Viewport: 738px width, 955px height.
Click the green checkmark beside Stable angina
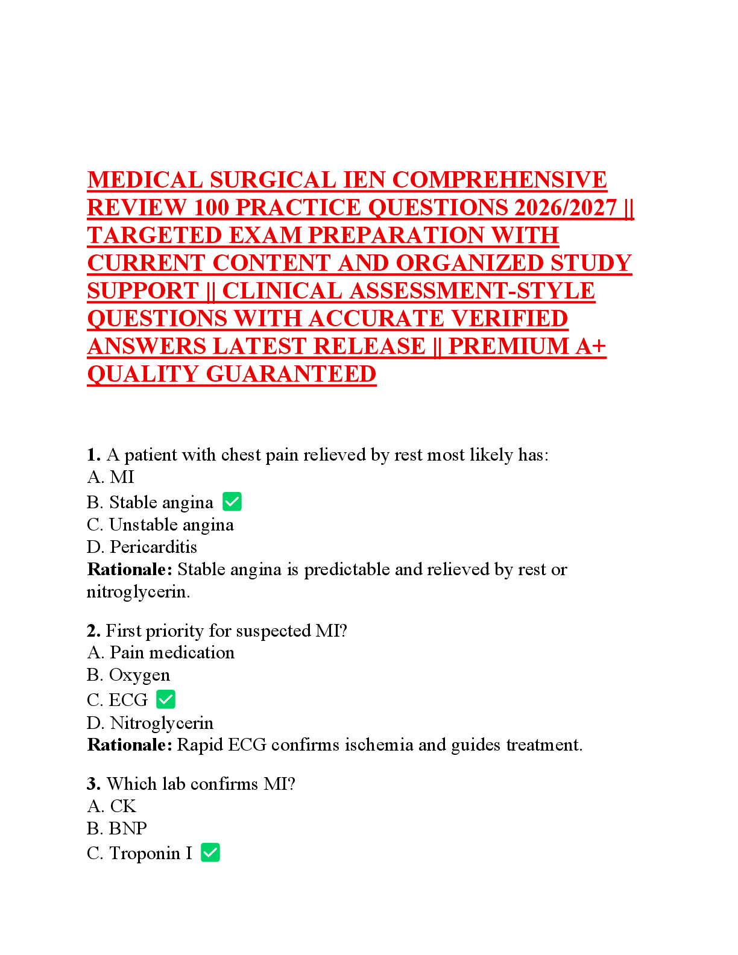click(x=232, y=502)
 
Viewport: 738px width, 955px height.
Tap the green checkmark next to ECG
click(x=166, y=699)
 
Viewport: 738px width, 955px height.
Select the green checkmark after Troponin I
click(x=210, y=853)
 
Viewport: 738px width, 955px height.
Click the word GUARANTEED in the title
click(x=291, y=374)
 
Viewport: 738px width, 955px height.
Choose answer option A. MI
click(x=110, y=477)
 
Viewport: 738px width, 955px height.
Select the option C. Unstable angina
click(x=160, y=525)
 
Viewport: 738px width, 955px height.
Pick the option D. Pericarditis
click(x=142, y=547)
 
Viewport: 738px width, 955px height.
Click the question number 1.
click(x=93, y=455)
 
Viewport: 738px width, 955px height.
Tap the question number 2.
click(x=93, y=631)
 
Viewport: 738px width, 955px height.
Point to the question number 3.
click(x=93, y=784)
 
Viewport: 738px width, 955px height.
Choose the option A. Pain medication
click(x=160, y=652)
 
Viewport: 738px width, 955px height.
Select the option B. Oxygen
click(x=128, y=675)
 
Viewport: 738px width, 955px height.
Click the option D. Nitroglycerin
click(x=150, y=722)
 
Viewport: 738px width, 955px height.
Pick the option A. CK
click(x=112, y=806)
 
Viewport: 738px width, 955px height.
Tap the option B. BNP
click(x=116, y=828)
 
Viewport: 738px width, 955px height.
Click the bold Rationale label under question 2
click(x=130, y=745)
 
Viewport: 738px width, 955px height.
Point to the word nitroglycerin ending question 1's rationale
click(x=137, y=592)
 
